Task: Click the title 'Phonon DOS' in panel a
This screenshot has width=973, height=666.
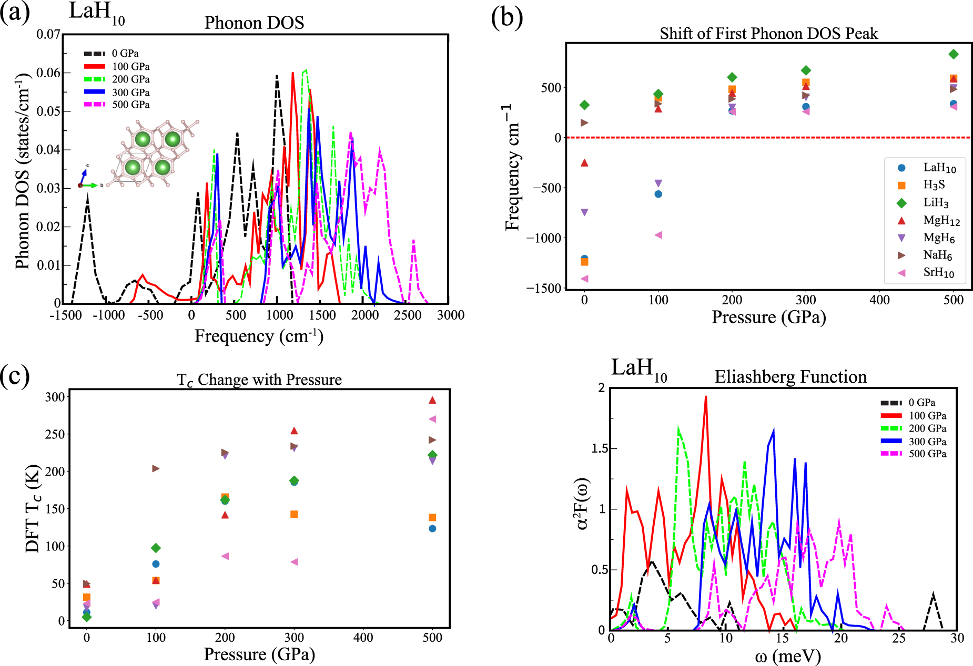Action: (254, 23)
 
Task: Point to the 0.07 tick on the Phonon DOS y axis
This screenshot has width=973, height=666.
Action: (48, 35)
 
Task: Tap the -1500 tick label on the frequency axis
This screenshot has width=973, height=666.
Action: (66, 315)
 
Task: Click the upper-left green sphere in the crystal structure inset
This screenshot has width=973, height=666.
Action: (143, 139)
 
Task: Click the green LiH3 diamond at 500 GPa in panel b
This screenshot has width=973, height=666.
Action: (954, 54)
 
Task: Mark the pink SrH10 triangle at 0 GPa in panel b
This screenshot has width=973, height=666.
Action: (584, 279)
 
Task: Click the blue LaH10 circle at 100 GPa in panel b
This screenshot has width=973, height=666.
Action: (658, 194)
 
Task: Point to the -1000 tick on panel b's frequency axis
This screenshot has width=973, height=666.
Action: (544, 238)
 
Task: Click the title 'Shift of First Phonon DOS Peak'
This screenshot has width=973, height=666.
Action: (768, 34)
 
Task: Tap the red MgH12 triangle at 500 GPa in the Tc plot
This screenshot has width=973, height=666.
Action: (432, 400)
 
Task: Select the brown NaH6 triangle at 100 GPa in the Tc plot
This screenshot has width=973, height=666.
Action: (156, 468)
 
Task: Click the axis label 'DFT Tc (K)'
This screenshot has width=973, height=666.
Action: (33, 508)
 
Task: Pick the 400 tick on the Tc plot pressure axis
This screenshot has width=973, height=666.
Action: (363, 638)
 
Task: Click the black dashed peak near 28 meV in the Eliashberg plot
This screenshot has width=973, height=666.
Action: (933, 596)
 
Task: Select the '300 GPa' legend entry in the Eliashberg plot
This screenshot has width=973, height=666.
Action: (927, 442)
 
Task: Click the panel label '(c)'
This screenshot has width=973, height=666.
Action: (15, 376)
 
